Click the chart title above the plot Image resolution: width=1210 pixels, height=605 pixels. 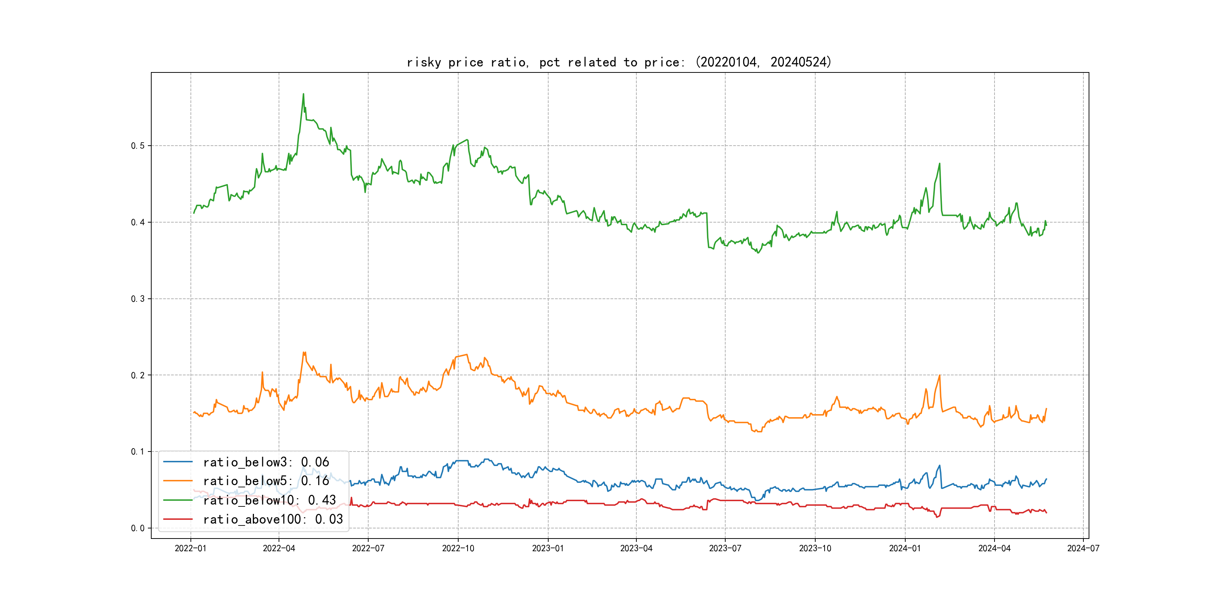pyautogui.click(x=619, y=62)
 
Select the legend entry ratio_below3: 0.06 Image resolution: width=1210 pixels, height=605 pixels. pyautogui.click(x=266, y=462)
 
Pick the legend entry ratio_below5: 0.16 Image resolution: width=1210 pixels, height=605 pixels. pyautogui.click(x=266, y=481)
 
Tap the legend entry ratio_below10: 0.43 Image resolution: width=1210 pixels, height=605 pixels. pyautogui.click(x=269, y=500)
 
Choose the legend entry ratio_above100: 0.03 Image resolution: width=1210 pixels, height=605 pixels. pyautogui.click(x=273, y=519)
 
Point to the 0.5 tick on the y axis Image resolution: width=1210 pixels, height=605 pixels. pyautogui.click(x=138, y=146)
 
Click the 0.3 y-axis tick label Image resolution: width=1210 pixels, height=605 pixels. pyautogui.click(x=138, y=299)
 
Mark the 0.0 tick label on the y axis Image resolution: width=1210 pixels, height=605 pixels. pyautogui.click(x=138, y=528)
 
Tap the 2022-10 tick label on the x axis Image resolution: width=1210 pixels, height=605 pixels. pyautogui.click(x=458, y=548)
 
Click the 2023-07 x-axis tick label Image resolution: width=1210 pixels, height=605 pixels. pyautogui.click(x=725, y=548)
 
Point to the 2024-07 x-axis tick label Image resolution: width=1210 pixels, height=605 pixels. pyautogui.click(x=1083, y=548)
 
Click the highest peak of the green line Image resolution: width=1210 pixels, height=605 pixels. pyautogui.click(x=304, y=94)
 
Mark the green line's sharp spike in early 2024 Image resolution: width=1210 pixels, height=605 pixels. pyautogui.click(x=940, y=164)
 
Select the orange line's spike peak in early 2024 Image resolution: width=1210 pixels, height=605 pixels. pyautogui.click(x=940, y=375)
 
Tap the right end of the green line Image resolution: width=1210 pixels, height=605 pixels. pyautogui.click(x=1046, y=225)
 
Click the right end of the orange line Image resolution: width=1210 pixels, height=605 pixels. pyautogui.click(x=1046, y=409)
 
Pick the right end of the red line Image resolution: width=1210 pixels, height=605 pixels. pyautogui.click(x=1046, y=512)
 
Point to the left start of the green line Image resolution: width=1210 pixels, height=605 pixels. pyautogui.click(x=193, y=213)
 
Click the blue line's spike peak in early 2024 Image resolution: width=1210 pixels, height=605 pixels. pyautogui.click(x=940, y=465)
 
